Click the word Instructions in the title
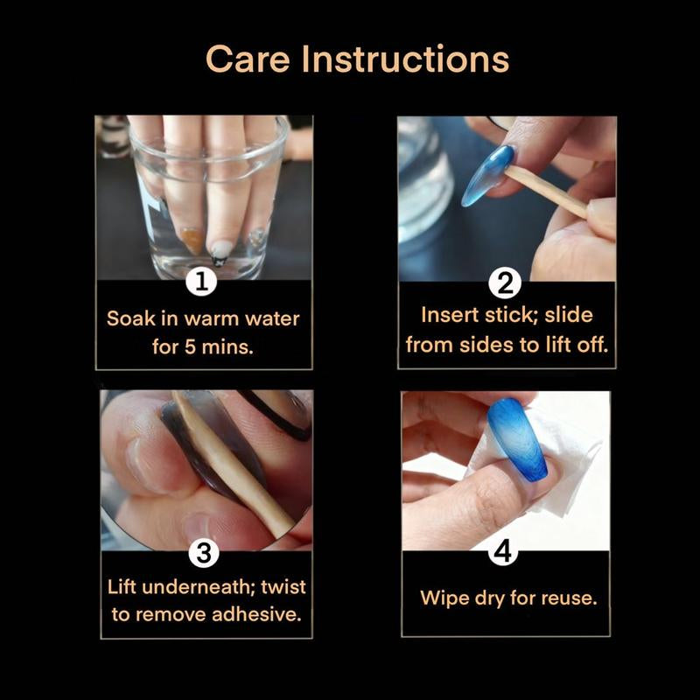tap(404, 59)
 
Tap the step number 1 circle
tap(202, 283)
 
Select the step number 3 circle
tap(203, 552)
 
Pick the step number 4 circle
tap(507, 552)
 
